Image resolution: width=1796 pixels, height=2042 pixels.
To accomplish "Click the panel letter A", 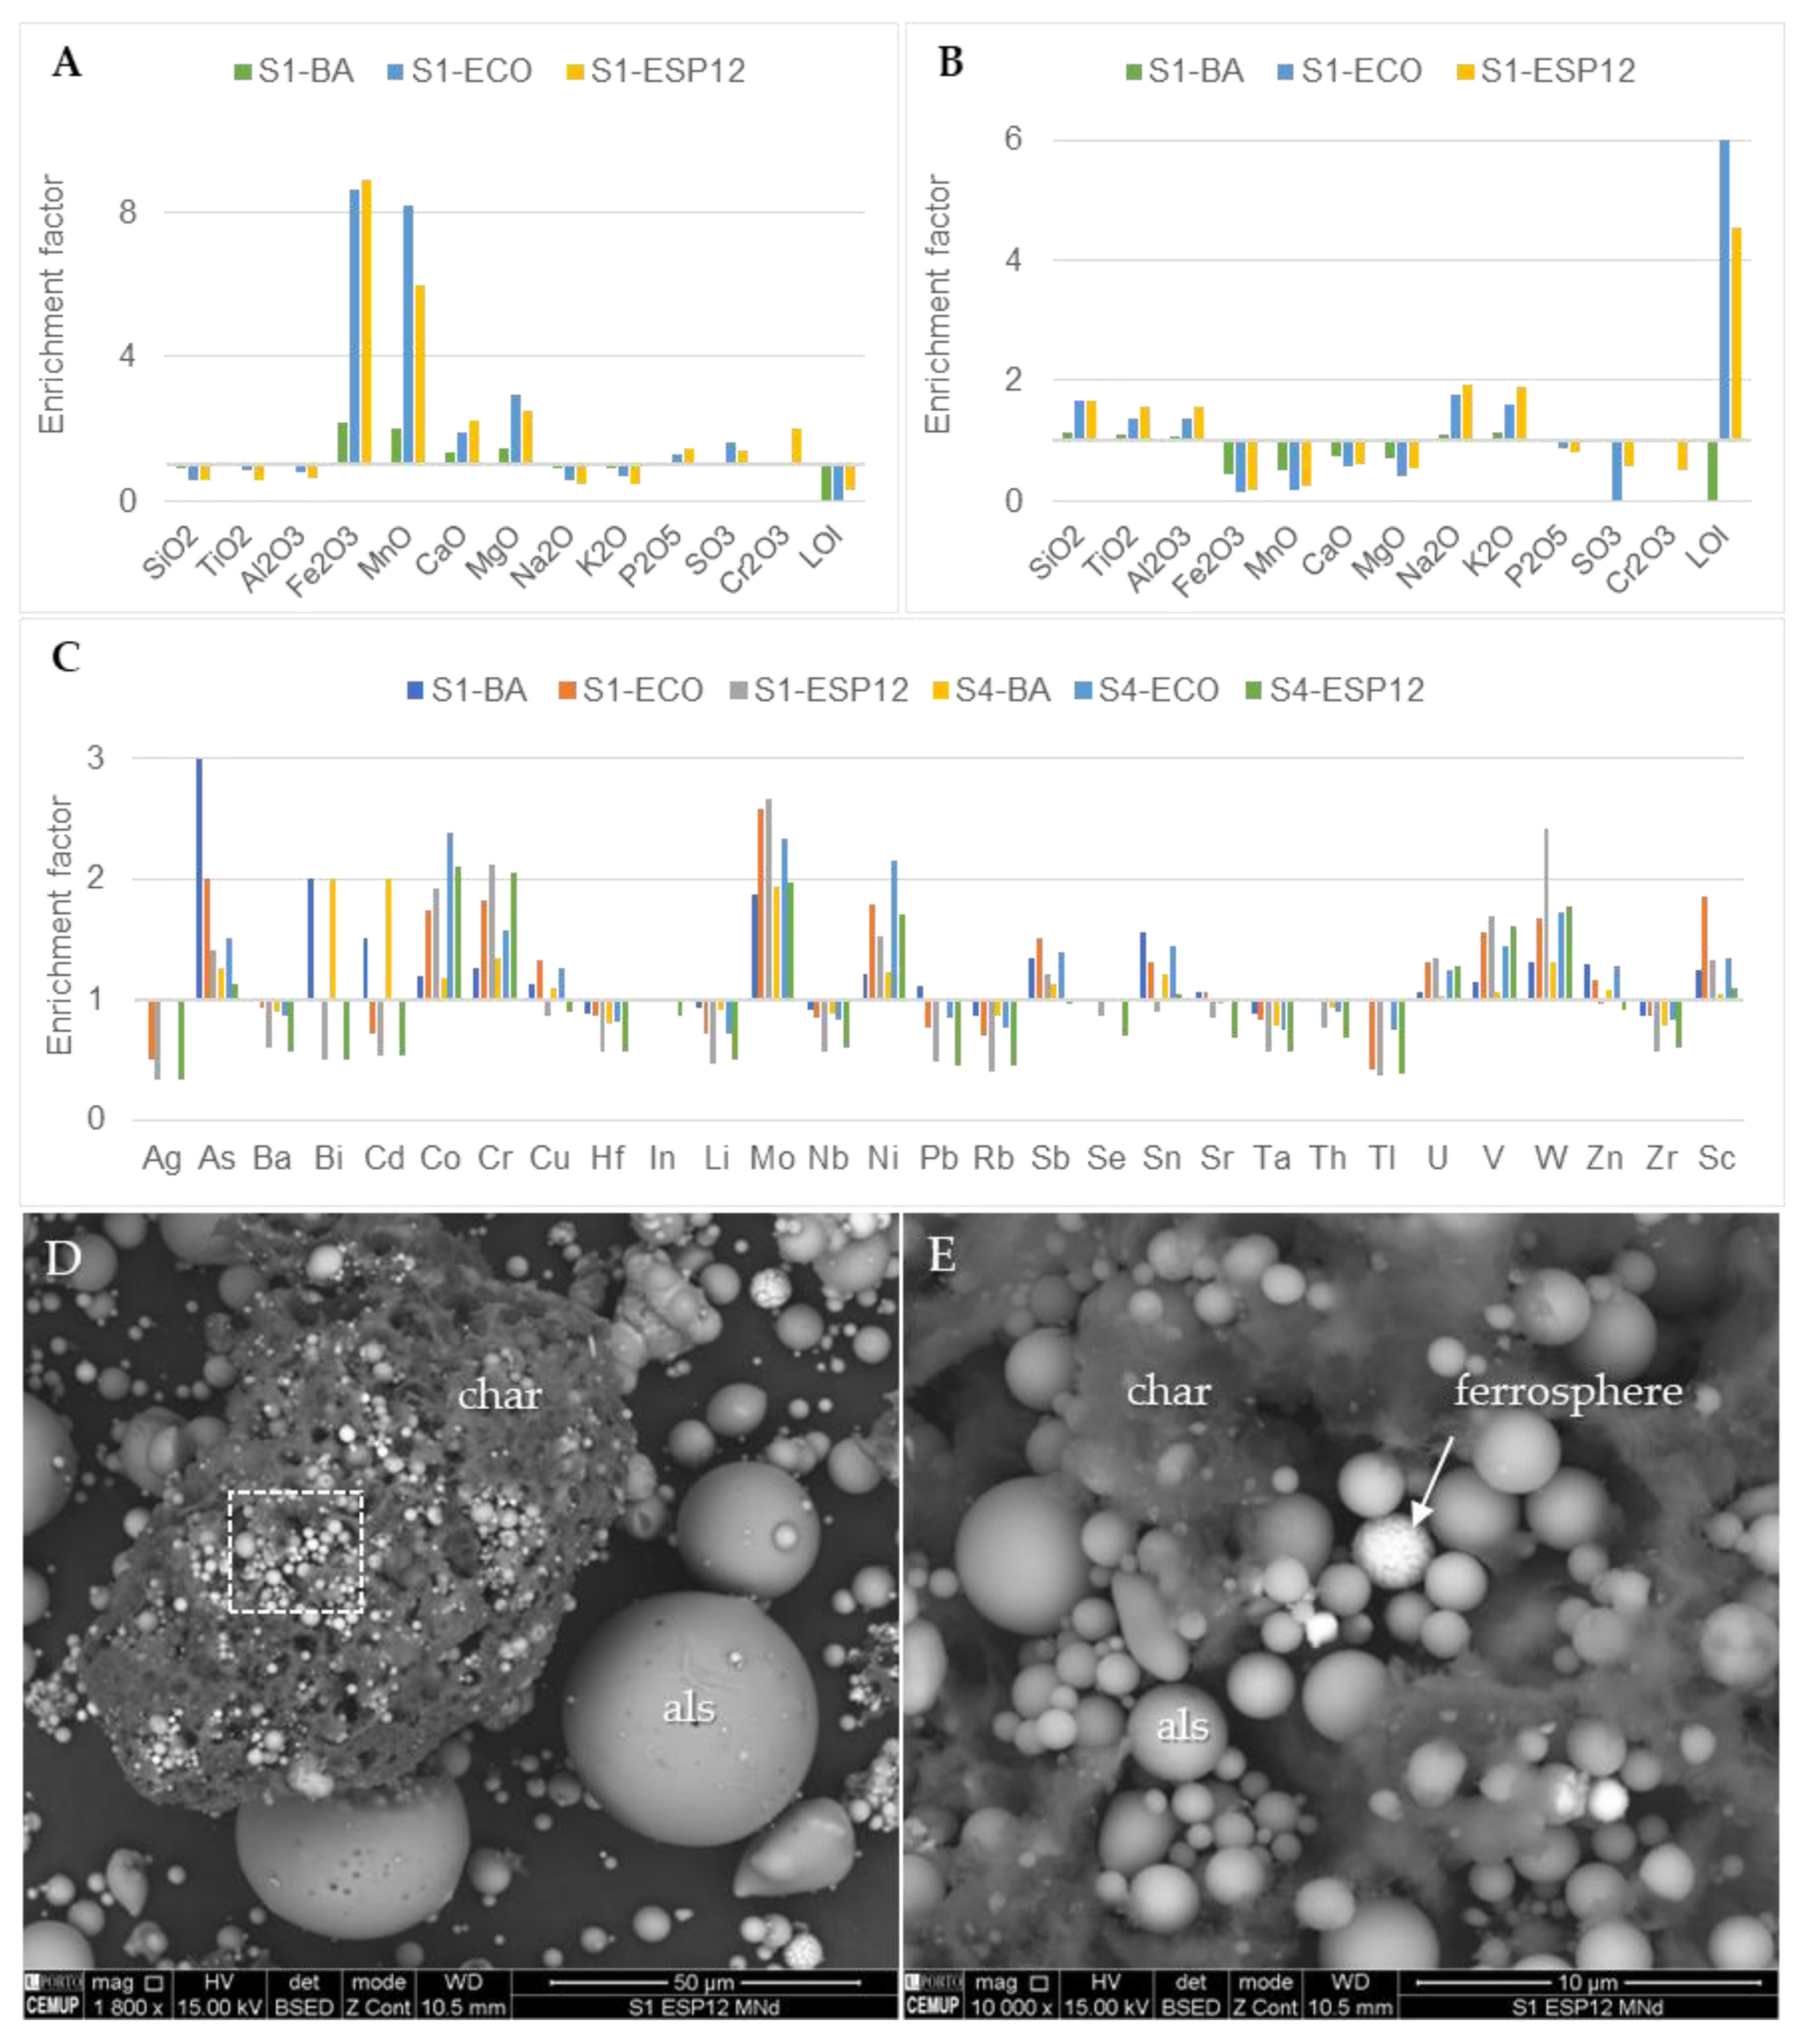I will point(67,63).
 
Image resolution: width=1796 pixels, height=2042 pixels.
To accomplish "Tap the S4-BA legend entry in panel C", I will point(992,690).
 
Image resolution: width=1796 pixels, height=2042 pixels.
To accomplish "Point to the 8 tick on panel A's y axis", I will point(127,212).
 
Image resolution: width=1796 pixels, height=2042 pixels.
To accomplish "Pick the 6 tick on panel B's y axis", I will point(1013,139).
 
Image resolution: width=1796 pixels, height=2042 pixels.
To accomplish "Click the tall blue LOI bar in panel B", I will point(1724,289).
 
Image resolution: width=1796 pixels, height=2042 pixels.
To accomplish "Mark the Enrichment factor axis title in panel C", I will point(60,925).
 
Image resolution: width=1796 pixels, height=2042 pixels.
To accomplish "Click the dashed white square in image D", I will point(296,1552).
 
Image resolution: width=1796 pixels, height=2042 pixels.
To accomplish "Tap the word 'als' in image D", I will point(689,1708).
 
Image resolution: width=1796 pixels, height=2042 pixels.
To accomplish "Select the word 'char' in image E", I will point(1169,1391).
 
